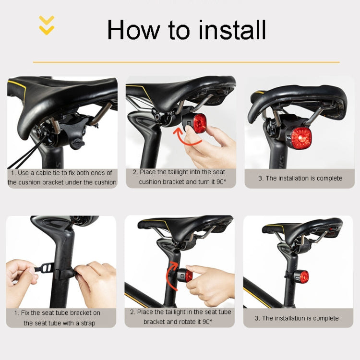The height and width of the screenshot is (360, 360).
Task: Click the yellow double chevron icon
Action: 47,25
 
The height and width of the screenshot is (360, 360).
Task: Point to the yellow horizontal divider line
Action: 186,62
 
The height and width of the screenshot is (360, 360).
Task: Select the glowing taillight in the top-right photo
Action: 301,138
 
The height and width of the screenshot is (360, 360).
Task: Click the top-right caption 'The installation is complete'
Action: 300,178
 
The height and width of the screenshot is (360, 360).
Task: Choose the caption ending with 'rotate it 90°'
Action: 180,317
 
